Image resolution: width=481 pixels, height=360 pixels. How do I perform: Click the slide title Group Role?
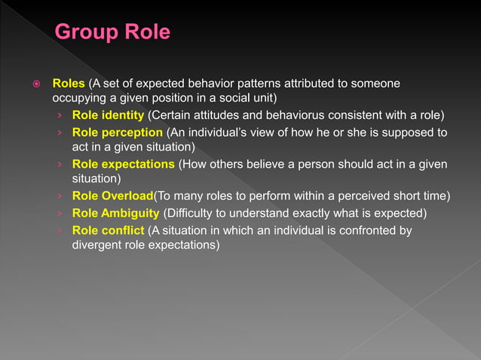pos(113,32)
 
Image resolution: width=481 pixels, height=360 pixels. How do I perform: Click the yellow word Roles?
pos(68,82)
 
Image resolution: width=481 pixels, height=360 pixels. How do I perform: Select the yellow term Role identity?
pos(108,115)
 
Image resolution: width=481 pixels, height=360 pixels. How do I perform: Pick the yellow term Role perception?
pos(117,132)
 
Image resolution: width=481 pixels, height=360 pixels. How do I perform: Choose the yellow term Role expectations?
pos(123,164)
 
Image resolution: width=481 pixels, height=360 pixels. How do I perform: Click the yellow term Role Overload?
pos(112,197)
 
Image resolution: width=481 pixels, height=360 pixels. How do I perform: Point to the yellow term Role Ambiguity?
pos(115,213)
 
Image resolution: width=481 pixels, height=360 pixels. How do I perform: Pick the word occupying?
pos(79,98)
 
